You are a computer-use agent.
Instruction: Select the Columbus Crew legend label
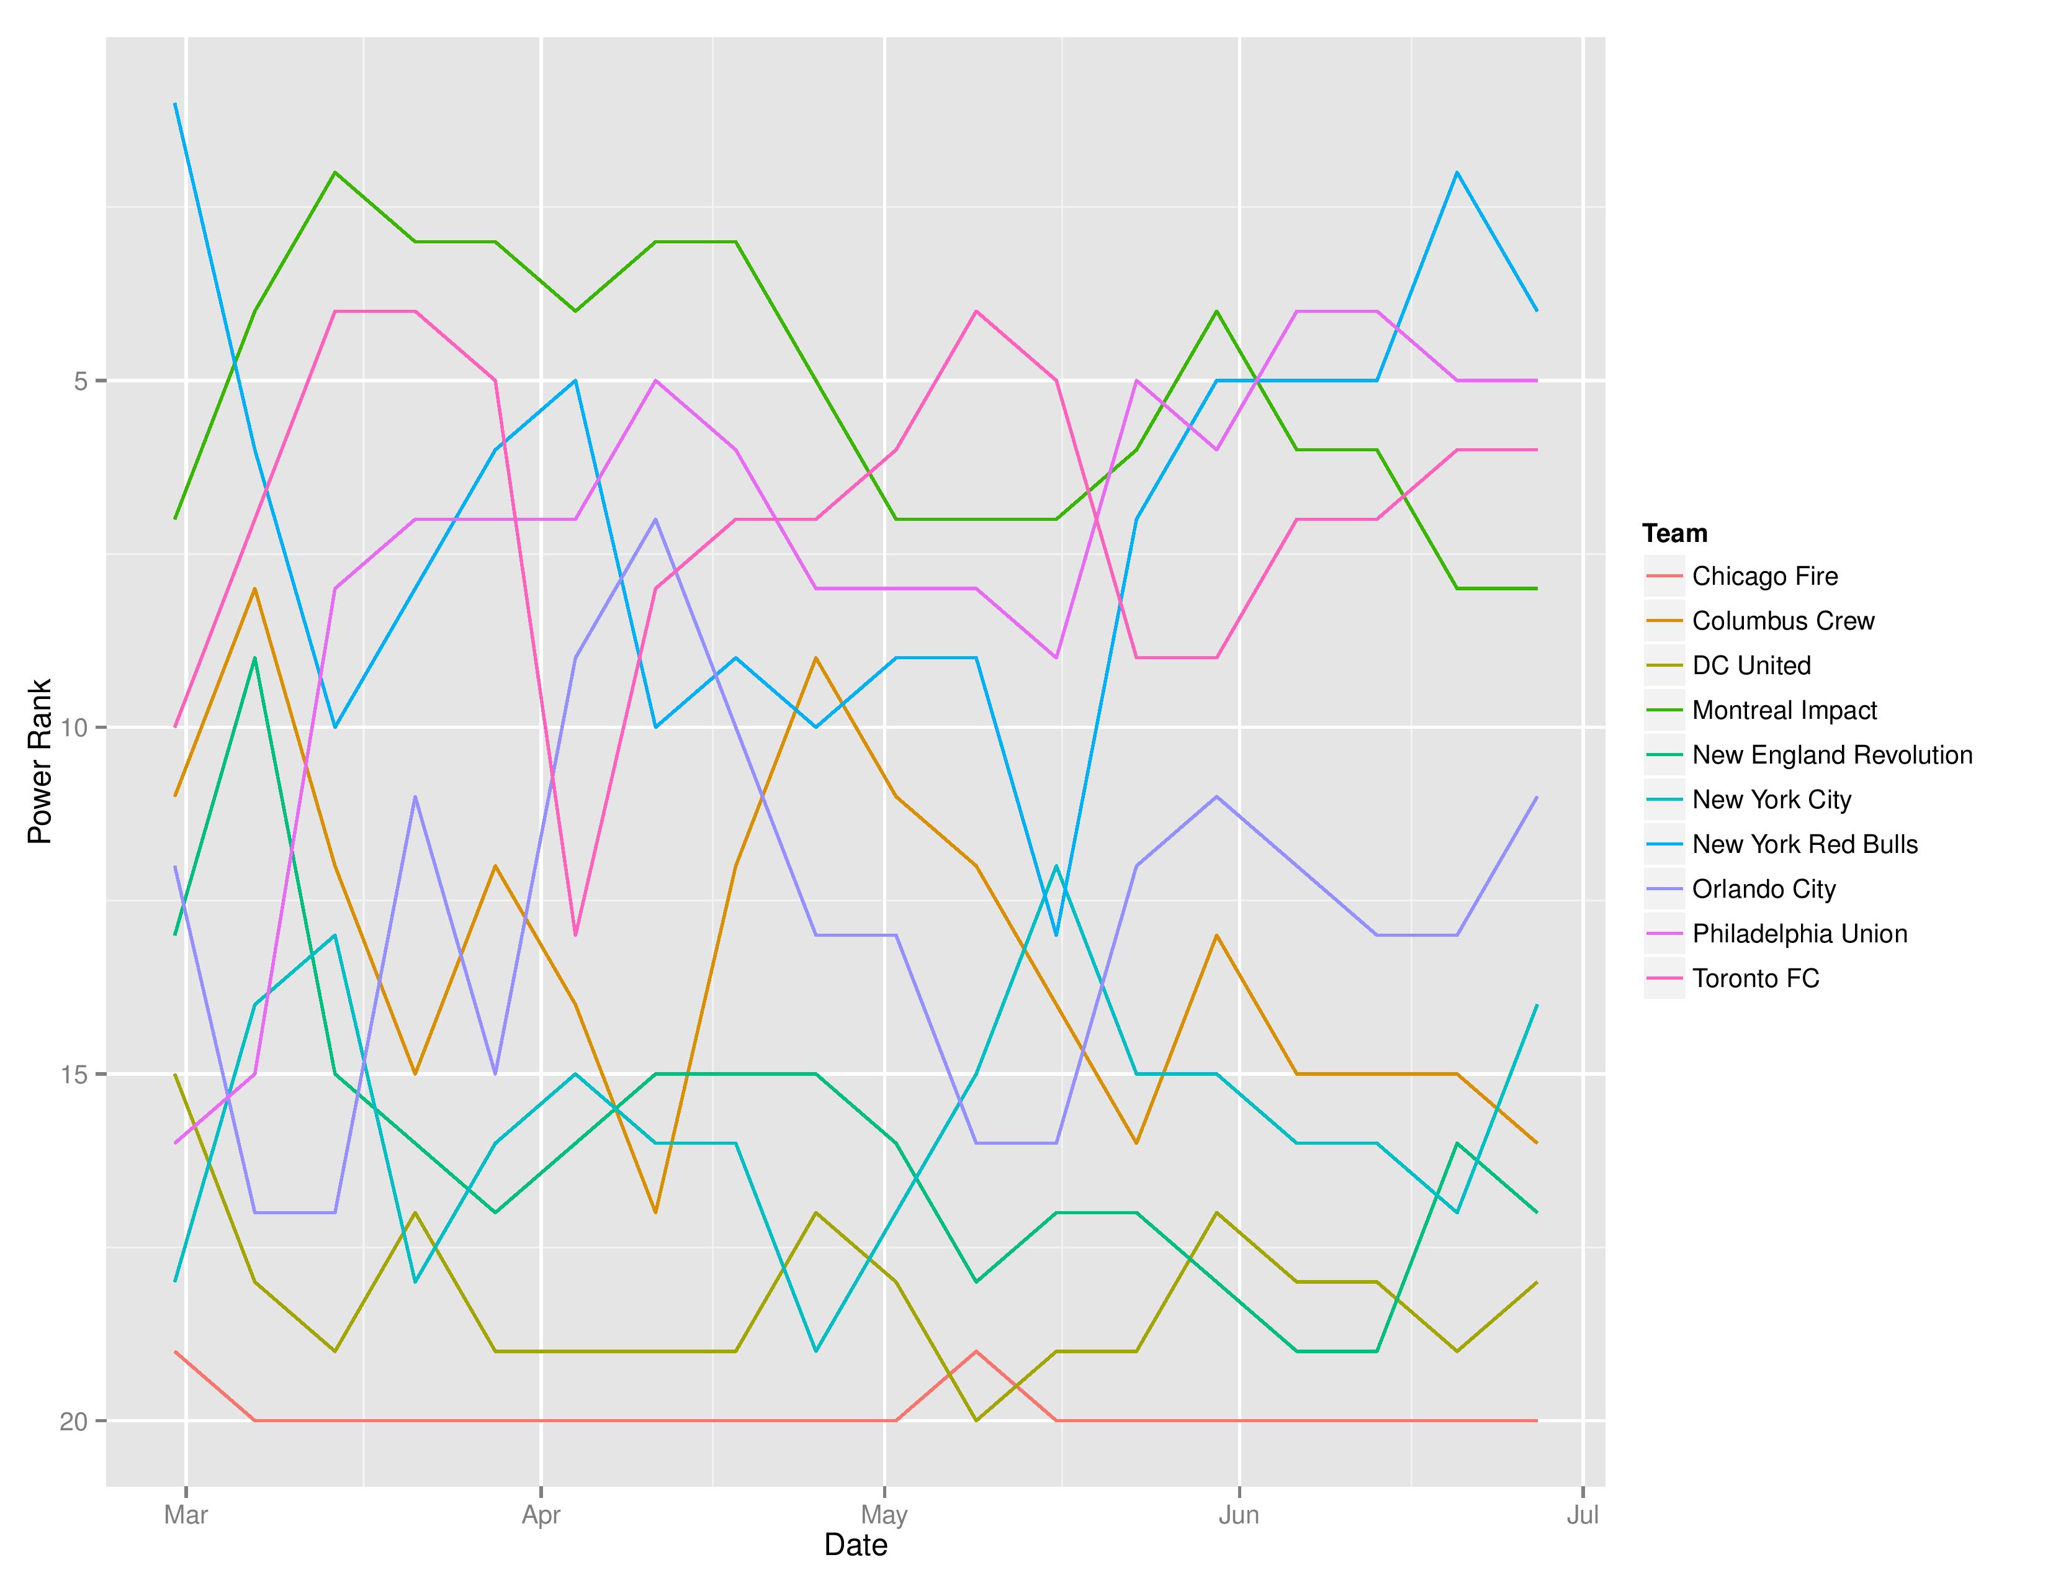[x=1782, y=621]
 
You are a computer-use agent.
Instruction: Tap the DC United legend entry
[x=1751, y=666]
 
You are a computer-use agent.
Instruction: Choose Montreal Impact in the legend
[x=1784, y=711]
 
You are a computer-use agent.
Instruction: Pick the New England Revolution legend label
[x=1831, y=755]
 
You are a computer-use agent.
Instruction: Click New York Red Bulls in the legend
[x=1804, y=844]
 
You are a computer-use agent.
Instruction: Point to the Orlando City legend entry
[x=1763, y=889]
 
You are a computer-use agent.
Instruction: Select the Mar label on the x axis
[x=186, y=1515]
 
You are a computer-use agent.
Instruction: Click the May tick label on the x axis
[x=883, y=1515]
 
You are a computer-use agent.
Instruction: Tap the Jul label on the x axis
[x=1582, y=1515]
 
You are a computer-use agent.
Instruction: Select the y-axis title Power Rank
[x=39, y=762]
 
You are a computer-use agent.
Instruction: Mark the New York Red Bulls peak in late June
[x=1457, y=173]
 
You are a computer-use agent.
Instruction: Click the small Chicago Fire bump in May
[x=976, y=1351]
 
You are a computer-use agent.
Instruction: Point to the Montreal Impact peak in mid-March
[x=335, y=173]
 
